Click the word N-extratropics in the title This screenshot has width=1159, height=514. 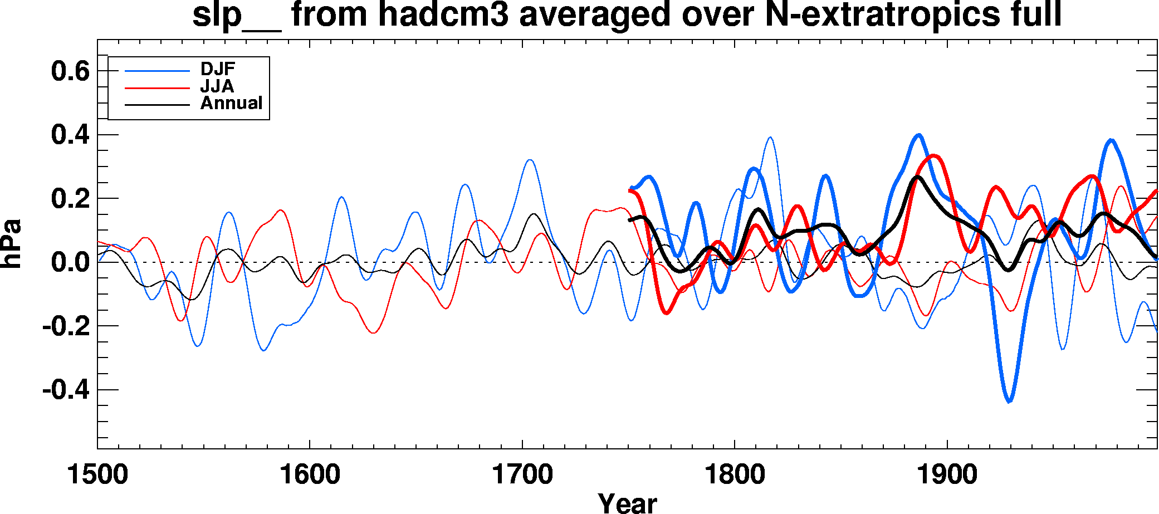point(883,14)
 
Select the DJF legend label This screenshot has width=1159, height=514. point(218,69)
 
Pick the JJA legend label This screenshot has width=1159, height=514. point(217,86)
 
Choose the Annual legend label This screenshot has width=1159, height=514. point(231,103)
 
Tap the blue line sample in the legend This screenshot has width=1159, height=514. point(157,71)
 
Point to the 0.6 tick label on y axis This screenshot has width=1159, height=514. point(70,71)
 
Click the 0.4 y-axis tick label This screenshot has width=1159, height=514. point(70,135)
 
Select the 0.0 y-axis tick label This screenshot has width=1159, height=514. point(70,262)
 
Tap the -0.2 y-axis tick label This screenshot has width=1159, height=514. point(66,326)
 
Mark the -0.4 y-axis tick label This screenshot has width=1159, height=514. point(66,390)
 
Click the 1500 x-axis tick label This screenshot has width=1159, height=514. point(97,475)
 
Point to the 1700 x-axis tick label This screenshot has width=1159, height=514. point(522,475)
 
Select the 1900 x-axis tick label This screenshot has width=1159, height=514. point(947,475)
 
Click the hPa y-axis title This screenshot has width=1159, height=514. point(11,244)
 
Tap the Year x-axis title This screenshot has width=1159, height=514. point(627,503)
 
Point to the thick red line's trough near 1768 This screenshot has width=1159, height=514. point(667,313)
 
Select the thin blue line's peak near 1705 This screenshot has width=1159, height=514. point(530,160)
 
